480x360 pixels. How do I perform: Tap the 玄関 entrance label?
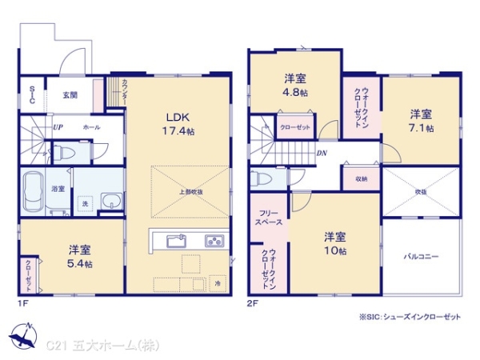(70, 95)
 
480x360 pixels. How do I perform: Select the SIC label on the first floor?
(32, 94)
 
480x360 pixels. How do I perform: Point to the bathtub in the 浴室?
(34, 194)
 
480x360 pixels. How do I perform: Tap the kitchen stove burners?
(214, 240)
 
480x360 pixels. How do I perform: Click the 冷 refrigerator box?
(218, 283)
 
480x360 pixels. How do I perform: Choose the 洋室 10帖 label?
(335, 242)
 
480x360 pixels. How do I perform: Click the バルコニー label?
(422, 258)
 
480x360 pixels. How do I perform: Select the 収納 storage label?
(361, 179)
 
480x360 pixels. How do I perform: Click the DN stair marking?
(320, 154)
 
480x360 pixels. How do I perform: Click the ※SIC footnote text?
(410, 317)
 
